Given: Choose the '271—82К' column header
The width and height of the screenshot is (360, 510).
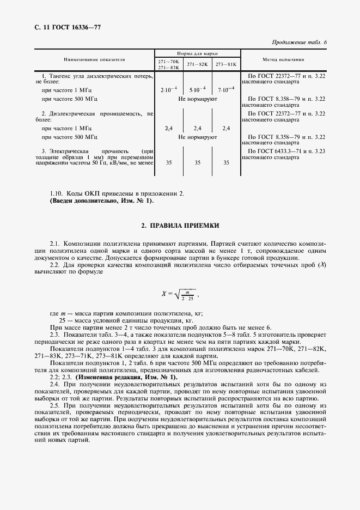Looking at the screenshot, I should pos(197,64).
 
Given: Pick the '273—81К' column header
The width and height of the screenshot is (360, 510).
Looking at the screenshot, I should pos(225,64).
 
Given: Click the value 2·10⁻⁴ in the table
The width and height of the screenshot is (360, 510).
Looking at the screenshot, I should pos(168,89).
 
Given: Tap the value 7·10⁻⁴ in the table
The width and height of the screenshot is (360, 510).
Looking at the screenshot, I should pos(225,89).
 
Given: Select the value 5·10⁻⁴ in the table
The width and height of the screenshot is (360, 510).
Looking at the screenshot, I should pos(197,89).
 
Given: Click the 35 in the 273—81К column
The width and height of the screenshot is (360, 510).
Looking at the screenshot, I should pos(225,162).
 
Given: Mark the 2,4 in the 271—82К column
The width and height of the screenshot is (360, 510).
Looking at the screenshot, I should pos(197,128).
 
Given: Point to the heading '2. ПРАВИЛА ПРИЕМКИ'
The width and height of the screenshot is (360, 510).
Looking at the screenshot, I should pos(180,225).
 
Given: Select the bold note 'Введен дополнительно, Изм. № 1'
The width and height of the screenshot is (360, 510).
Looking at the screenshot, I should pos(102,201).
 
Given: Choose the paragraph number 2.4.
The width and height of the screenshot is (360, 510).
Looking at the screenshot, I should pos(55,385).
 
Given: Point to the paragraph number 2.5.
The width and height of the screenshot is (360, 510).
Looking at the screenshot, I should pos(55,406).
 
